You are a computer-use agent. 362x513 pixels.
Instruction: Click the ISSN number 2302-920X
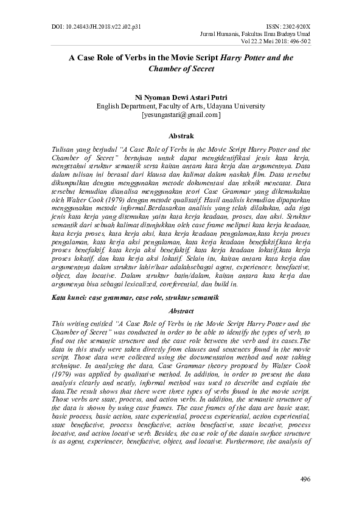coord(289,10)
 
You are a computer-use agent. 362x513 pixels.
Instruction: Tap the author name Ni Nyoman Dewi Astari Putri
coord(181,96)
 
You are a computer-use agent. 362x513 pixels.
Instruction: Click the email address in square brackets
coord(181,114)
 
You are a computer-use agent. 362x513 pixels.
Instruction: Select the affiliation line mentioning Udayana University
coord(181,105)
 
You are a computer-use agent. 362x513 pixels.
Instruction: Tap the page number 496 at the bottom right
coord(305,479)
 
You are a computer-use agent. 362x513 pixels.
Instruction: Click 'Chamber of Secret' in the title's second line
coord(181,69)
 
